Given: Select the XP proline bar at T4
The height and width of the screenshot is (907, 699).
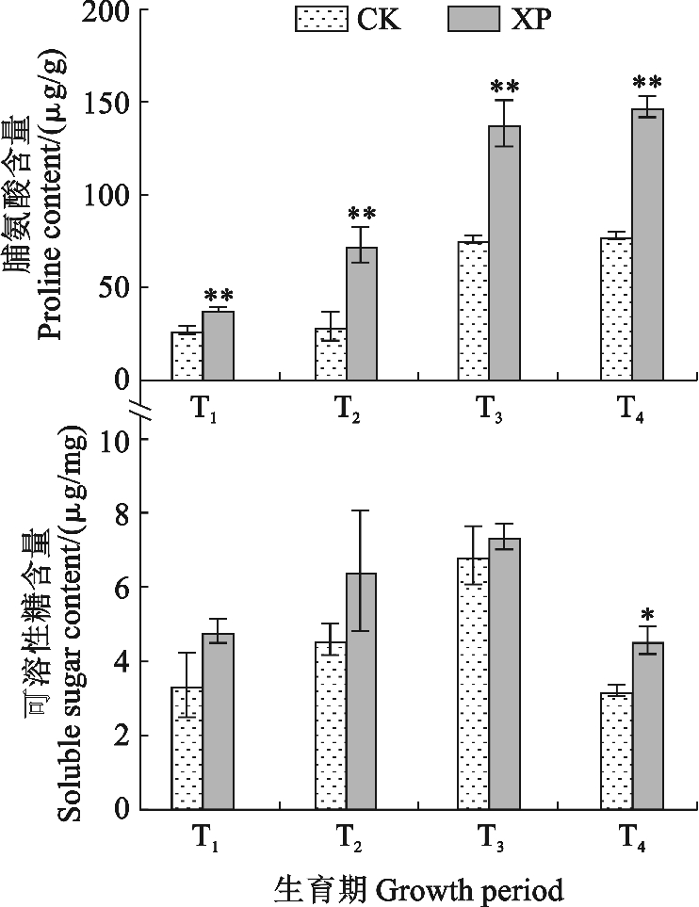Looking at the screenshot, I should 647,244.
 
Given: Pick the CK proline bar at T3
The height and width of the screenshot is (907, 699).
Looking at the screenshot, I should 473,311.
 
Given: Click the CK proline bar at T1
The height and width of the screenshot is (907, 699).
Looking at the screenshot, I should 187,356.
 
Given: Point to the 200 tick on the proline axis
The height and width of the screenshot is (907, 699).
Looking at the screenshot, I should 113,11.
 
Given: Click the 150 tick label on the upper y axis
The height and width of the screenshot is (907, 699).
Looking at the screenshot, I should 113,103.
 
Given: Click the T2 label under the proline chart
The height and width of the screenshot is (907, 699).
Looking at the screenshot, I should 349,411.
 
